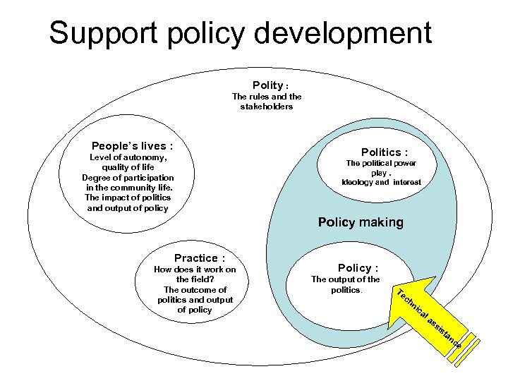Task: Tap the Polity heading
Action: click(x=267, y=85)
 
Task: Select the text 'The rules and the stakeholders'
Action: click(x=267, y=102)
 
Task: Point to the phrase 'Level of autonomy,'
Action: click(x=128, y=157)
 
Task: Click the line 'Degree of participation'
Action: click(x=128, y=177)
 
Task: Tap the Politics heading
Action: click(x=385, y=152)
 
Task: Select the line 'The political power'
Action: click(x=381, y=163)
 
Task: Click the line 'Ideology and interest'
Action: click(x=381, y=182)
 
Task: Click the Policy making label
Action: click(x=361, y=222)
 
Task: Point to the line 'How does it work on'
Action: click(x=195, y=270)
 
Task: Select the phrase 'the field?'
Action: click(x=195, y=279)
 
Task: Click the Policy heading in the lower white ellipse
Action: click(x=358, y=268)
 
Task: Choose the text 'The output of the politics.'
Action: click(x=346, y=284)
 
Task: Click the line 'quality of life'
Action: click(x=128, y=167)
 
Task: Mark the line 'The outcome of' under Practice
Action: click(x=195, y=289)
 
